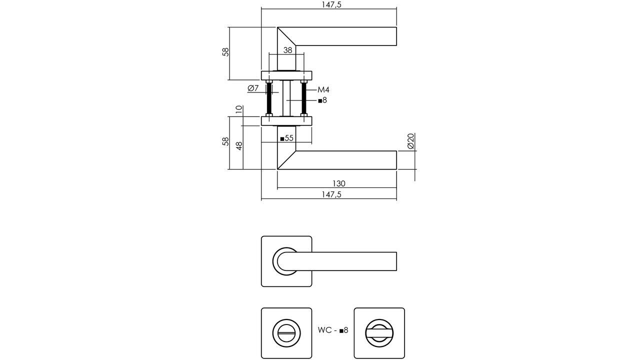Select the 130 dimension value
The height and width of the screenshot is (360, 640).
point(338,183)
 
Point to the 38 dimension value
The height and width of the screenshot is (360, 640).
point(287,50)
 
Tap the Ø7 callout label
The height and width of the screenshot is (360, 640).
point(253,88)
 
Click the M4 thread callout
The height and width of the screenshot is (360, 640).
point(323,90)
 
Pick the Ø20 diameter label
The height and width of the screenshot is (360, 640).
point(410,141)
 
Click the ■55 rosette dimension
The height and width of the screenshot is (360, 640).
point(286,138)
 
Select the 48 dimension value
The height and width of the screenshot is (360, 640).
point(239,146)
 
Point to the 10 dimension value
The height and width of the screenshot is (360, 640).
point(238,109)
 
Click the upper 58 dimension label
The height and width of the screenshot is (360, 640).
point(225,52)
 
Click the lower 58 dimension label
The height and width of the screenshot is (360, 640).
point(225,141)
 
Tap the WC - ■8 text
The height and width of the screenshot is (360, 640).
point(332,330)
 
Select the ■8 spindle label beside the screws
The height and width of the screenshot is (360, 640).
point(322,100)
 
